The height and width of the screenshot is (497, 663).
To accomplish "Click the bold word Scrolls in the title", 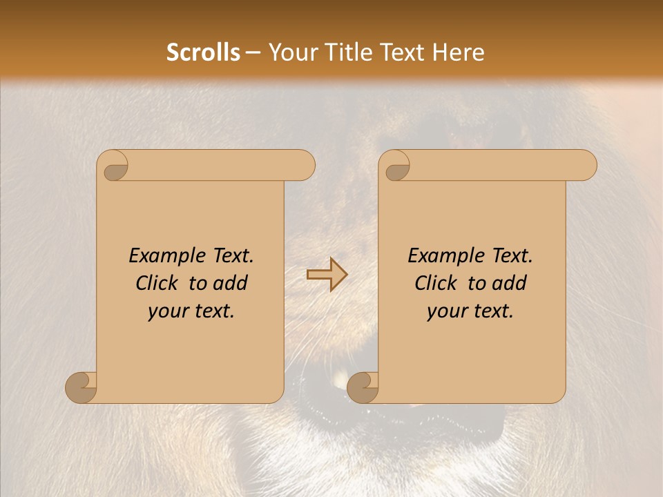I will coord(203,52).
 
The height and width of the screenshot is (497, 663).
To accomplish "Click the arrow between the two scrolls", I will coord(327,275).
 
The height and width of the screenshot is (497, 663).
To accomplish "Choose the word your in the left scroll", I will coord(168,311).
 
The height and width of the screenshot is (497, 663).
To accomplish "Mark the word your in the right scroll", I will coord(447,311).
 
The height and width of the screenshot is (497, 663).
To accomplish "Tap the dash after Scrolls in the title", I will coord(253,53).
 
